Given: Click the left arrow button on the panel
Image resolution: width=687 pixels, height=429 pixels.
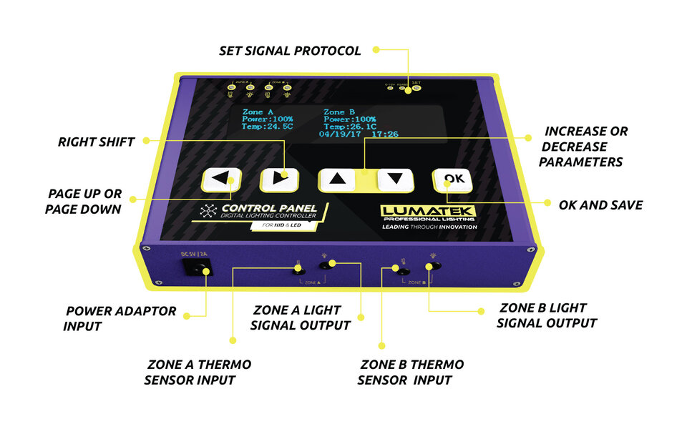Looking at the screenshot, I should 219,179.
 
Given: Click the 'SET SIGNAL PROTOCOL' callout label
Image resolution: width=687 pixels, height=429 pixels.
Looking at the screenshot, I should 290,51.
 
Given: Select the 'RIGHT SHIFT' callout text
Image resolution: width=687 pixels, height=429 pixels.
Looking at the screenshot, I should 96,142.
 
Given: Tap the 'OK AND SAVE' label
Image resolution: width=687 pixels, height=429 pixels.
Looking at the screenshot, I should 600,205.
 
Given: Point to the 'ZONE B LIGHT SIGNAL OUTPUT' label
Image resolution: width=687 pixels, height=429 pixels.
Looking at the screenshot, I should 547,315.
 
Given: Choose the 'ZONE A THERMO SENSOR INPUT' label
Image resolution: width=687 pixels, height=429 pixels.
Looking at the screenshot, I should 198,372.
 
